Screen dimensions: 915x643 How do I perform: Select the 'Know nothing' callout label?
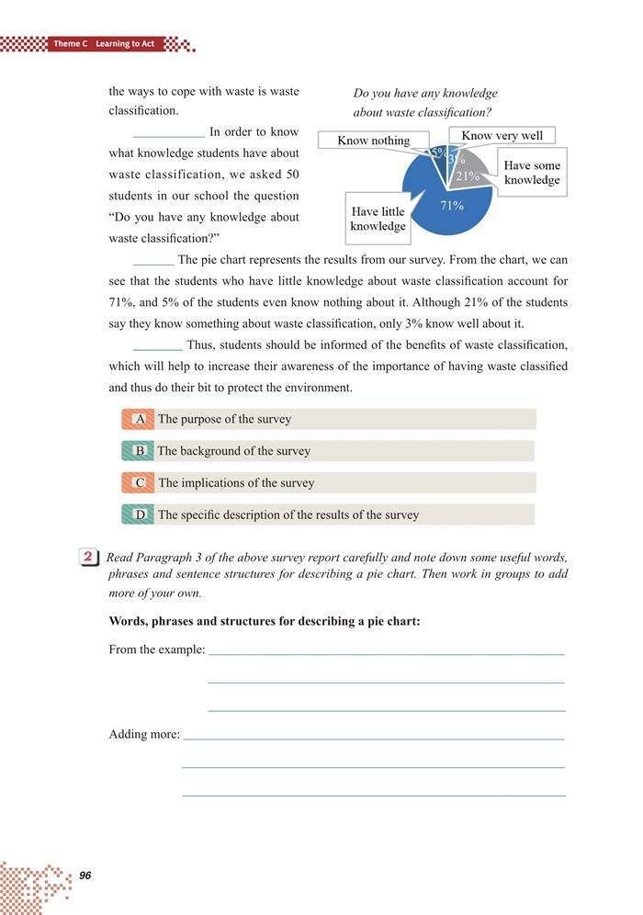pyautogui.click(x=373, y=141)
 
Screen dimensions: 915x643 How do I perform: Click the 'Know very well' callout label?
pyautogui.click(x=502, y=136)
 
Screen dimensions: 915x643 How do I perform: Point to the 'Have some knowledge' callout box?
pyautogui.click(x=532, y=173)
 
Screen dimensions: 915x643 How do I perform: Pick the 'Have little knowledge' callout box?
pyautogui.click(x=378, y=219)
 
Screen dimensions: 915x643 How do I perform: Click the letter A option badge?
pyautogui.click(x=140, y=419)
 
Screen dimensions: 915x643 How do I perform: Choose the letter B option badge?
pyautogui.click(x=140, y=451)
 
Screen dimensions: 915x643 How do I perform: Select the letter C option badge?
pyautogui.click(x=140, y=482)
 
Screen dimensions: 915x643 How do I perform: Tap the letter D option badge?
pyautogui.click(x=140, y=514)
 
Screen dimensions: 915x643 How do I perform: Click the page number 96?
pyautogui.click(x=85, y=875)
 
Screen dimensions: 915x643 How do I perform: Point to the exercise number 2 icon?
pyautogui.click(x=89, y=557)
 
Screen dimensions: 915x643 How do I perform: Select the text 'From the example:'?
pyautogui.click(x=156, y=650)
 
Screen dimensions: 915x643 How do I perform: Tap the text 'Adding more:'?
pyautogui.click(x=144, y=734)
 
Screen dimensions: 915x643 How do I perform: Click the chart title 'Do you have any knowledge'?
pyautogui.click(x=425, y=94)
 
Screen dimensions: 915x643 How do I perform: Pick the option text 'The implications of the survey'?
pyautogui.click(x=236, y=482)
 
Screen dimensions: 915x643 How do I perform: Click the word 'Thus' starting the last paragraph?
pyautogui.click(x=198, y=345)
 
